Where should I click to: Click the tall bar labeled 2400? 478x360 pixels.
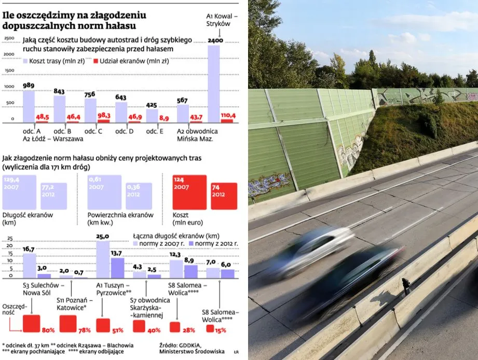[x=214, y=83]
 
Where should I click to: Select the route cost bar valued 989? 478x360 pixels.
[x=29, y=106]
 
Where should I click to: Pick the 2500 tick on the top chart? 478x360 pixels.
[x=9, y=38]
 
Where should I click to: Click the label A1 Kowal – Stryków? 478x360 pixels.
[x=222, y=20]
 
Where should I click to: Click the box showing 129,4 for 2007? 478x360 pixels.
[x=20, y=192]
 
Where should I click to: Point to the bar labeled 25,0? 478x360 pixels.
[x=103, y=259]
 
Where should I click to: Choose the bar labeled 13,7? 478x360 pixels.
[x=117, y=268]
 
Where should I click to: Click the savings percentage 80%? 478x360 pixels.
[x=31, y=323]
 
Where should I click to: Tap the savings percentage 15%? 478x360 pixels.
[x=210, y=328]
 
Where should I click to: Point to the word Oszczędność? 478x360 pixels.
[x=13, y=310]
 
